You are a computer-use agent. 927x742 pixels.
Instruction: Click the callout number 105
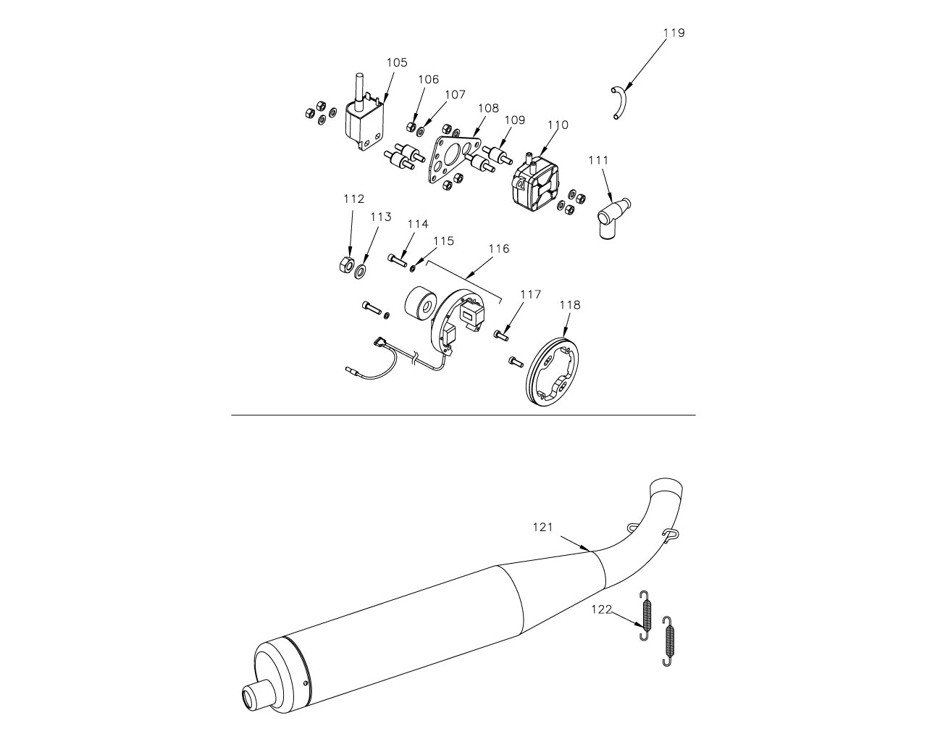[396, 63]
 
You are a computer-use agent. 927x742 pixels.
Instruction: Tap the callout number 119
[674, 33]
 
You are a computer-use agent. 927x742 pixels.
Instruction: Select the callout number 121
[543, 528]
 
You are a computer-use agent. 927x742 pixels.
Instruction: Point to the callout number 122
[602, 609]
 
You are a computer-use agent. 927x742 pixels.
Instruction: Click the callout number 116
[498, 249]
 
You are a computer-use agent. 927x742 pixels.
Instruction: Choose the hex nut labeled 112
[346, 264]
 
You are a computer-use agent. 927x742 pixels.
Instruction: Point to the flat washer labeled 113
[360, 271]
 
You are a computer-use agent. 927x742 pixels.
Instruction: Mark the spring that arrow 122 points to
[647, 614]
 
